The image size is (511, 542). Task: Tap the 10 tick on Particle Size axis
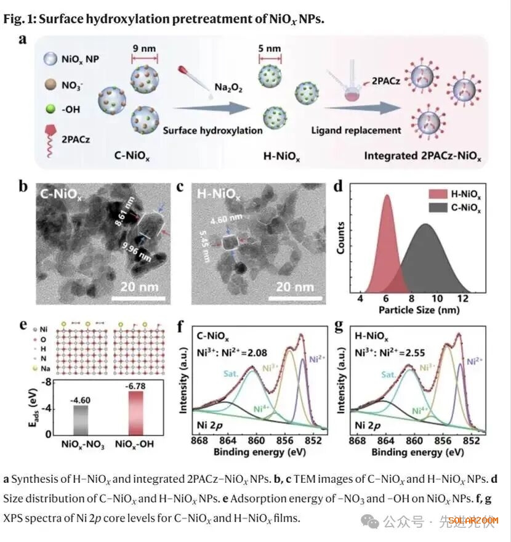pyautogui.click(x=437, y=299)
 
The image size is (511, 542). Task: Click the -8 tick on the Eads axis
pyautogui.click(x=46, y=383)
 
